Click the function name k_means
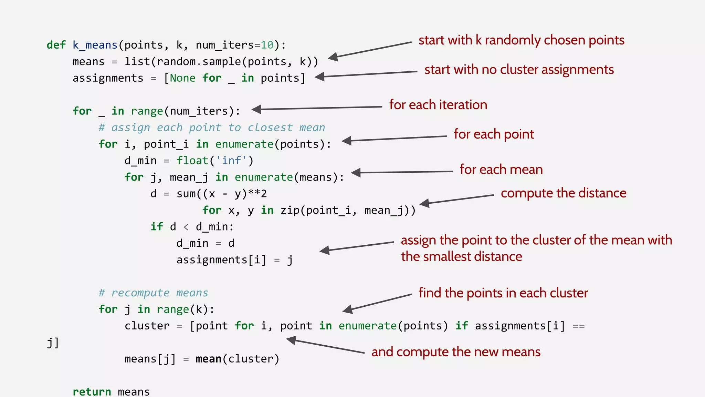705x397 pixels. tap(95, 45)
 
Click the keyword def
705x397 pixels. tap(56, 45)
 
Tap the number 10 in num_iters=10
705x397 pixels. tap(267, 45)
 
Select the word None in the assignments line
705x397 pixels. tap(182, 78)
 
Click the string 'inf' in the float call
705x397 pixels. tap(231, 161)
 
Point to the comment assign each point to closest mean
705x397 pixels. tap(212, 128)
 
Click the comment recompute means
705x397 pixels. tap(154, 293)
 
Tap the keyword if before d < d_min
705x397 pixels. tap(157, 227)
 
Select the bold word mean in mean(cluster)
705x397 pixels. tap(208, 359)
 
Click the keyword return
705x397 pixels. tap(92, 391)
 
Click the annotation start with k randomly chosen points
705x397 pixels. tap(521, 40)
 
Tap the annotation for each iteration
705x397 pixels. tap(438, 105)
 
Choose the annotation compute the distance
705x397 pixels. tap(563, 193)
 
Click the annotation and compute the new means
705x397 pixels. tap(456, 352)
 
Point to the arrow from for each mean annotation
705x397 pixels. tap(402, 172)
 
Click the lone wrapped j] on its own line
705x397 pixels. tap(53, 343)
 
